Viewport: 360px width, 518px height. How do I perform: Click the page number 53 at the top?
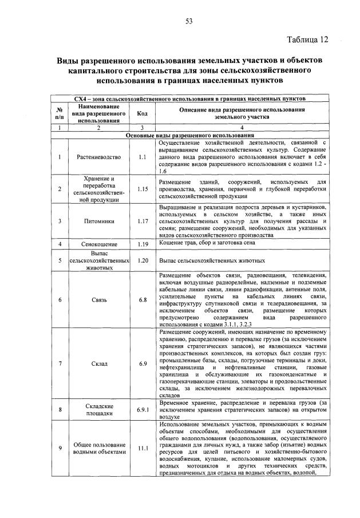188,21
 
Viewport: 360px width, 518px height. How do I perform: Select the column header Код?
143,113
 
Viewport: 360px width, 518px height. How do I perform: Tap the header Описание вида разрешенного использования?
242,113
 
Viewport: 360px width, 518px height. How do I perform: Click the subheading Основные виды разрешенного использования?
189,136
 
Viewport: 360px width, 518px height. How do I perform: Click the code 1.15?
143,188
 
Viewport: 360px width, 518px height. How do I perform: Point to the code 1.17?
143,219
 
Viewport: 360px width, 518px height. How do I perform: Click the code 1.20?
143,259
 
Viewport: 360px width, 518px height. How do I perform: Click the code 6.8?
143,299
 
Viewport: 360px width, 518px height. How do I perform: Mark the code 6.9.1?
143,409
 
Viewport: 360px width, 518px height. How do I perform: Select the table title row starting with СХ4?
189,98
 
